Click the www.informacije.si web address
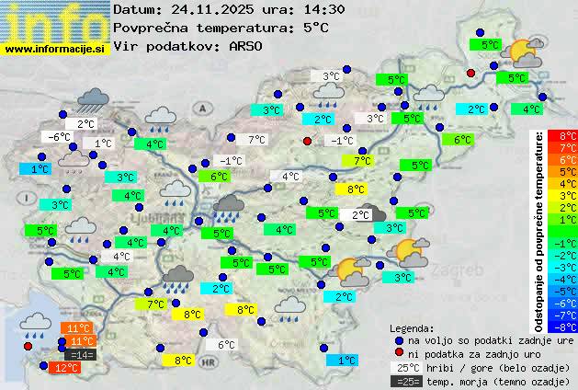pyautogui.click(x=55, y=48)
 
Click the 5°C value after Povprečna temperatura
pyautogui.click(x=316, y=28)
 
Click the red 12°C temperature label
pyautogui.click(x=66, y=368)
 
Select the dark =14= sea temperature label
pyautogui.click(x=80, y=354)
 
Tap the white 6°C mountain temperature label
pyautogui.click(x=226, y=345)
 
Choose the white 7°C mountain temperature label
pyautogui.click(x=257, y=140)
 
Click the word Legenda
pyautogui.click(x=412, y=328)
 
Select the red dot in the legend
pyautogui.click(x=398, y=353)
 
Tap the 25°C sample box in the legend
pyautogui.click(x=405, y=367)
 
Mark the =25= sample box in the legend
pyautogui.click(x=405, y=381)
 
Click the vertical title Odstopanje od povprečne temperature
pyautogui.click(x=540, y=230)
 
